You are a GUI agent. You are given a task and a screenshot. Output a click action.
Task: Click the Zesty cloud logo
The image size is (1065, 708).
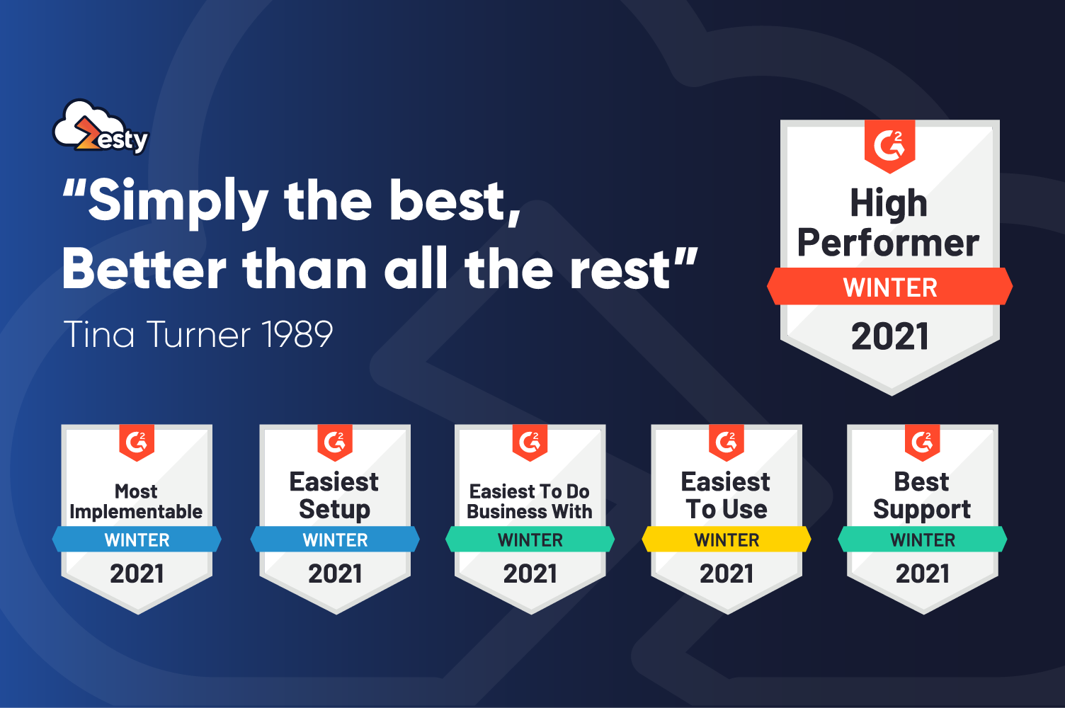101,127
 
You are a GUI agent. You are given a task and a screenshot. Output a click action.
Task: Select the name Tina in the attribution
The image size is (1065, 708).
99,333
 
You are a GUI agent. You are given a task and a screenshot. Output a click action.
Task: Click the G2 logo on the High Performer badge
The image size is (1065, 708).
889,146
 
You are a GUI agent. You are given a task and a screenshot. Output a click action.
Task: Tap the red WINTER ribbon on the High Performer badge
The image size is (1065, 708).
889,286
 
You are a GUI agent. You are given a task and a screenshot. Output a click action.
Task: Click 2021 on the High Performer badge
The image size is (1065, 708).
889,336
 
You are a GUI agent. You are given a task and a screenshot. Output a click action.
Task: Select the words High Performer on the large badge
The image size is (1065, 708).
888,222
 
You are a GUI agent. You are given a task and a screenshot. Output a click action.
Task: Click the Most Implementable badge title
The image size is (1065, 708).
136,502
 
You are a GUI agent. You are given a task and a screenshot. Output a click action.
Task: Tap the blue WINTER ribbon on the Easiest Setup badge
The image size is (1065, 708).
335,539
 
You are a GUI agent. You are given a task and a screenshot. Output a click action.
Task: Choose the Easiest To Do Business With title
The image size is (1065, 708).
530,502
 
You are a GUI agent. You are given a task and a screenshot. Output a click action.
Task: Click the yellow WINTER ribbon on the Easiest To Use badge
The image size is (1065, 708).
727,539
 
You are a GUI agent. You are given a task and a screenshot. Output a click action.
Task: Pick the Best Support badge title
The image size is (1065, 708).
922,495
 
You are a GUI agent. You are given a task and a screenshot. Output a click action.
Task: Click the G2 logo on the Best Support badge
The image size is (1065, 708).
923,442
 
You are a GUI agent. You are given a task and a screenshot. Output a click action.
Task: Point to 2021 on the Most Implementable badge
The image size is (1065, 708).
137,573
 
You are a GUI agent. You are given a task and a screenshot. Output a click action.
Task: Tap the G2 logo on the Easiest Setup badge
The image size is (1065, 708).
335,442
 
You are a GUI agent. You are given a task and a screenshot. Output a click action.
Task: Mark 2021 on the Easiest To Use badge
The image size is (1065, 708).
727,573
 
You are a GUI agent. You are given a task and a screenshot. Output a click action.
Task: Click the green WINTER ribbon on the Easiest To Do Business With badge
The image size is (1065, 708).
530,539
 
